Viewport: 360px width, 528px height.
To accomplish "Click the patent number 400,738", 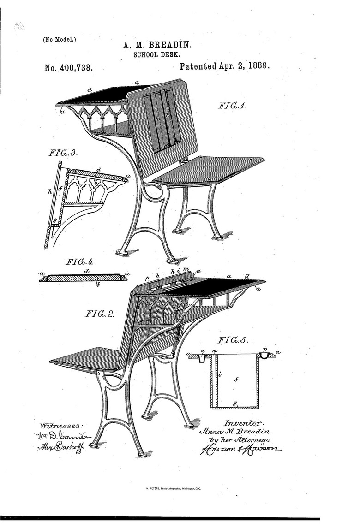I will [69, 68].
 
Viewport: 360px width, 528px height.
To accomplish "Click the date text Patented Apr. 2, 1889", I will [224, 66].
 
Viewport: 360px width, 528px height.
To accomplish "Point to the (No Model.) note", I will [60, 39].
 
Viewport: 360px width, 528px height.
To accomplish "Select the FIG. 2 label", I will [99, 314].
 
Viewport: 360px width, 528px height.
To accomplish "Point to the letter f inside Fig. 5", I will [236, 380].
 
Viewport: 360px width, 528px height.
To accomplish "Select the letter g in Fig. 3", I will [54, 221].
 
